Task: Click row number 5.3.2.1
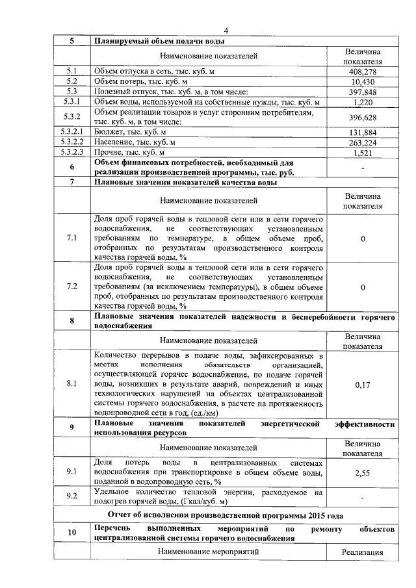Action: pos(72,133)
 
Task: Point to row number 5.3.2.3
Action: pos(72,153)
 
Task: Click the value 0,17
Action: pos(363,385)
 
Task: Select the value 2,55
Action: pos(363,474)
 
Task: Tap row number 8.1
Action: pos(72,385)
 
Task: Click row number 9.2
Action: pos(72,497)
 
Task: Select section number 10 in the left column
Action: pos(72,533)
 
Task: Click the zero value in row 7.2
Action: pos(363,287)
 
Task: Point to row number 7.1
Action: pos(72,238)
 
